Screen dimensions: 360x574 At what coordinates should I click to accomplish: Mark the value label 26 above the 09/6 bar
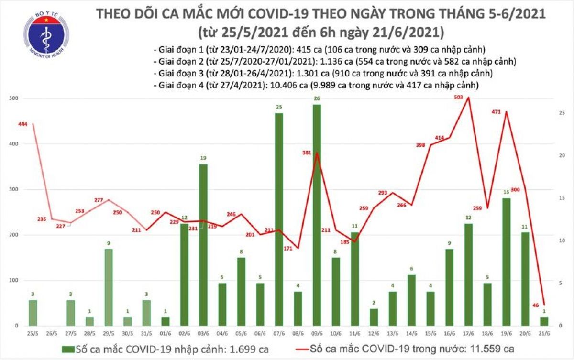tap(316, 99)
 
